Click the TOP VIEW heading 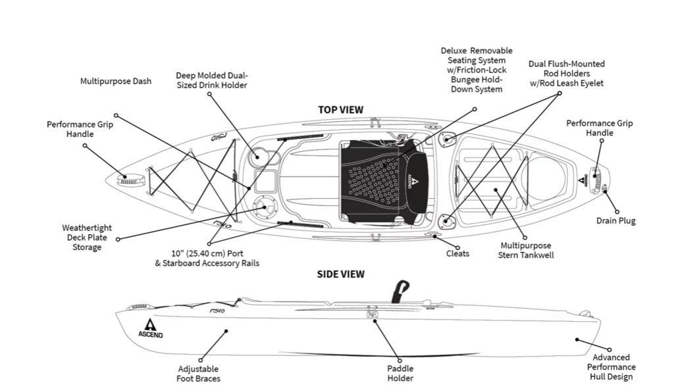point(340,110)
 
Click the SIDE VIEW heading point(340,274)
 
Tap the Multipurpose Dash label point(116,82)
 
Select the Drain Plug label point(616,221)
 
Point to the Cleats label point(457,253)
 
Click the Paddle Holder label point(400,373)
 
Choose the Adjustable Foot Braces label point(198,373)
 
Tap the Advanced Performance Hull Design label point(611,367)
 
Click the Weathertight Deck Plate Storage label point(87,238)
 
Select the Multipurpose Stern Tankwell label point(526,250)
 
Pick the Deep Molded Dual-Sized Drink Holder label point(212,80)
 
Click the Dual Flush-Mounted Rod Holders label point(566,74)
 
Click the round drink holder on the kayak point(260,157)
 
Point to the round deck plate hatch point(265,207)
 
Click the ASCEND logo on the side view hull point(151,328)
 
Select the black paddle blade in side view point(400,291)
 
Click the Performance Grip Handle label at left point(80,129)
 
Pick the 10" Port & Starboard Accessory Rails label point(207,258)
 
